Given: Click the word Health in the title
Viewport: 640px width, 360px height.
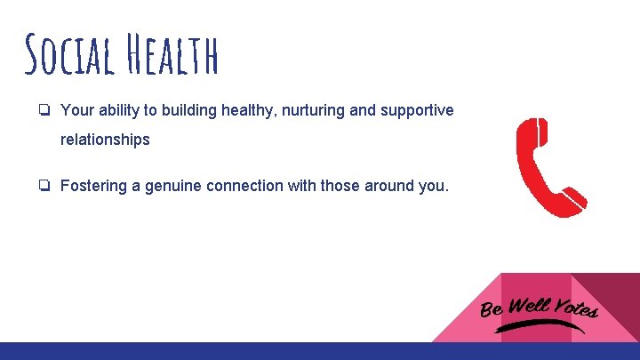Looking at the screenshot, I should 173,55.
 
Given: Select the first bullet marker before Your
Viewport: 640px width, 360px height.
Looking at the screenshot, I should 44,110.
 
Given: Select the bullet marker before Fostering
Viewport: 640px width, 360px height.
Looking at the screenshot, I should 44,186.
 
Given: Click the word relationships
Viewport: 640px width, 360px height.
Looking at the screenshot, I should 105,140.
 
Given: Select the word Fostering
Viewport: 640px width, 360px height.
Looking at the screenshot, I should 92,186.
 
